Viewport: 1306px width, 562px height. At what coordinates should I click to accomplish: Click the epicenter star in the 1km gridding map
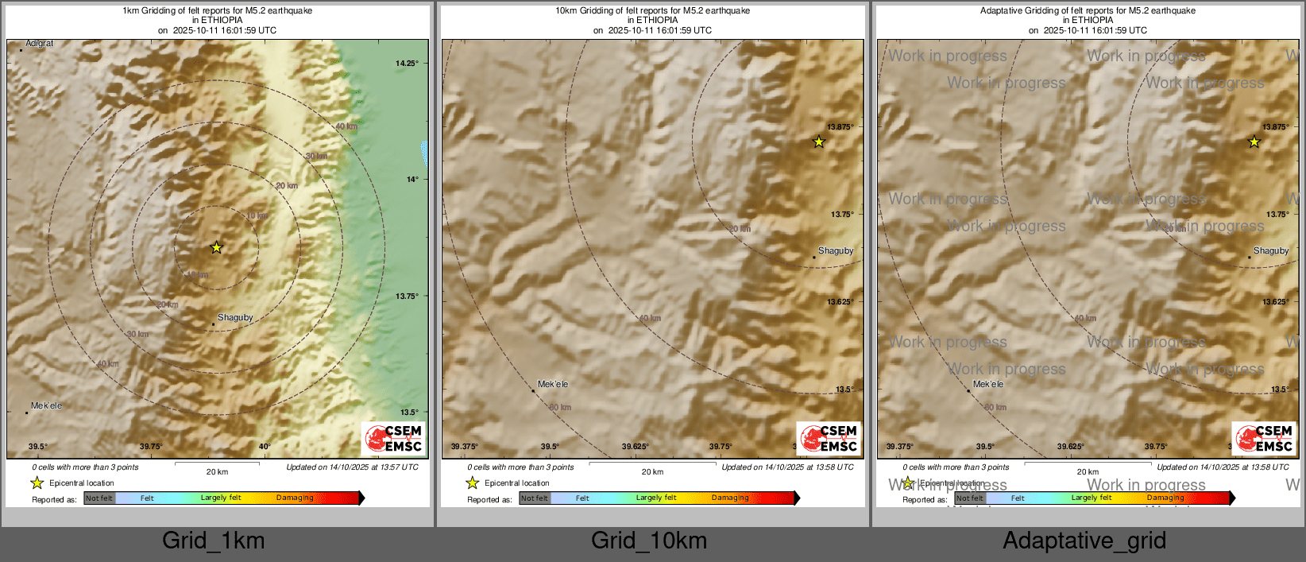pyautogui.click(x=216, y=247)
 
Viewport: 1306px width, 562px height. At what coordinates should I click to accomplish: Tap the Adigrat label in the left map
pyautogui.click(x=40, y=44)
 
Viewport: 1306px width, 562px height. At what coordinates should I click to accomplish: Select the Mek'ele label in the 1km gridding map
pyautogui.click(x=46, y=405)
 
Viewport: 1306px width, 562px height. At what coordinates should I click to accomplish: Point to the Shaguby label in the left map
pyautogui.click(x=235, y=317)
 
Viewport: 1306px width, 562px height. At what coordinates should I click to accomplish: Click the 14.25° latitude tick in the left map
pyautogui.click(x=407, y=63)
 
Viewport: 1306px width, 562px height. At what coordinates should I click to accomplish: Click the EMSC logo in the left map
pyautogui.click(x=393, y=439)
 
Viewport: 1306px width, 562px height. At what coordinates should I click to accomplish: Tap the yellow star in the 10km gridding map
pyautogui.click(x=819, y=142)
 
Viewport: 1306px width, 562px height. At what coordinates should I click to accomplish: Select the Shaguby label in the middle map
pyautogui.click(x=836, y=250)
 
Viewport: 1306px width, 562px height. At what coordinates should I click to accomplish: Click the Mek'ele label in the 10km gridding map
pyautogui.click(x=553, y=384)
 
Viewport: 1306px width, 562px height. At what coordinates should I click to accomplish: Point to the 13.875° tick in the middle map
pyautogui.click(x=840, y=127)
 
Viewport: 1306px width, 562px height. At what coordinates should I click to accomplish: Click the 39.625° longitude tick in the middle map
pyautogui.click(x=636, y=447)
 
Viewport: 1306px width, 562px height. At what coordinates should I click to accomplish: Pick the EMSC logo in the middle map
pyautogui.click(x=829, y=439)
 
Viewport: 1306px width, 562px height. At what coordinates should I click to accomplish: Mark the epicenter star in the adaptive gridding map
pyautogui.click(x=1254, y=142)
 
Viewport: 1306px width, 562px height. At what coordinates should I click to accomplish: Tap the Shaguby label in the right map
pyautogui.click(x=1271, y=250)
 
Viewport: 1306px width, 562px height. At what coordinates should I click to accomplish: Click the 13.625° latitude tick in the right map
pyautogui.click(x=1276, y=302)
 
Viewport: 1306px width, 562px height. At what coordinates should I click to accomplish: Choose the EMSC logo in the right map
pyautogui.click(x=1264, y=439)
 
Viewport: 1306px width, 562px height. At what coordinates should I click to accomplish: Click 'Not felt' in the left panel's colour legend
pyautogui.click(x=99, y=498)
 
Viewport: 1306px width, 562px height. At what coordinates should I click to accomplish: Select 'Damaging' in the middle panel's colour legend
pyautogui.click(x=730, y=498)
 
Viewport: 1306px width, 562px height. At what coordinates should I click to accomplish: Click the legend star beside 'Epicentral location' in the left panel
pyautogui.click(x=37, y=483)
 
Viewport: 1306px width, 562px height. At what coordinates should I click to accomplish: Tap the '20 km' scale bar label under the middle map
pyautogui.click(x=652, y=472)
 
